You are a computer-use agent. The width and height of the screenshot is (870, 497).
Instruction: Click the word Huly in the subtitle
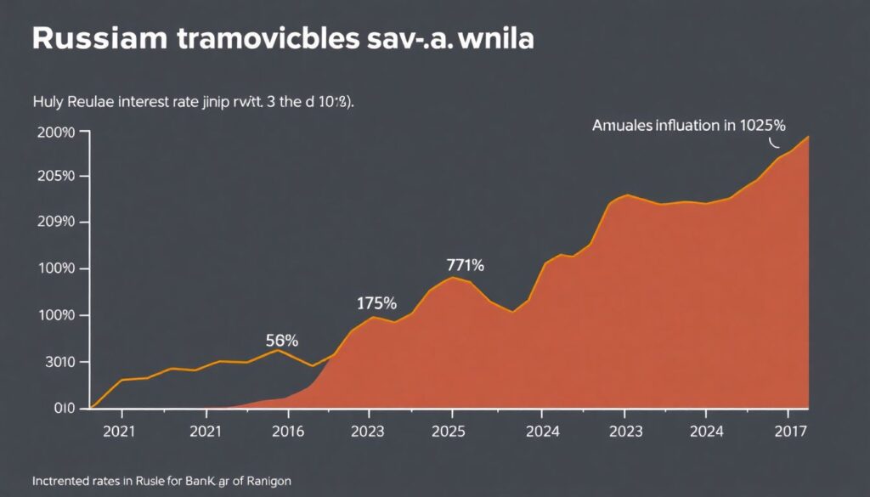(x=49, y=102)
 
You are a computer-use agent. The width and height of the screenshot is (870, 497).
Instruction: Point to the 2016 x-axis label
(x=287, y=431)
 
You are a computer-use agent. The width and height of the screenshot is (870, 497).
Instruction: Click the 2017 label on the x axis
(x=792, y=431)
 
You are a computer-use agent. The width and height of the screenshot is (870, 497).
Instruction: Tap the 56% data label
(x=282, y=341)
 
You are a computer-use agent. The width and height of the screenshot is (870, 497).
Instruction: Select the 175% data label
(x=376, y=302)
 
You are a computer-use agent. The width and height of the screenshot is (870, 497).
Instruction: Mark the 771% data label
(x=465, y=265)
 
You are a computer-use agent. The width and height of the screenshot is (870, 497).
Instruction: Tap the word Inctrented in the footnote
(x=63, y=481)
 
